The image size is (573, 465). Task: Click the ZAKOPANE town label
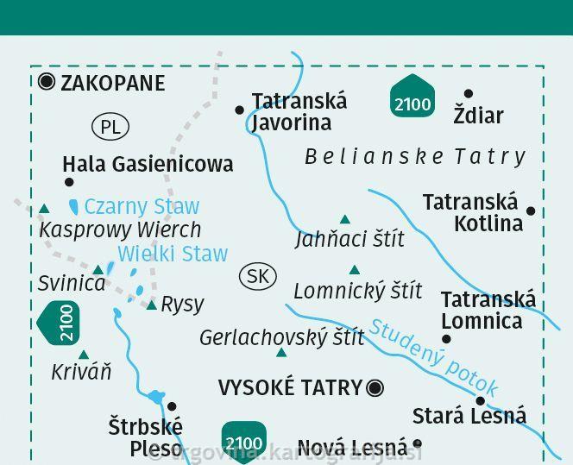[112, 83]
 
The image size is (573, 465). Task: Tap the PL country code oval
[110, 128]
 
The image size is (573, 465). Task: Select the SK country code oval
[257, 276]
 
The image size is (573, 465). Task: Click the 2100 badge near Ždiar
[412, 97]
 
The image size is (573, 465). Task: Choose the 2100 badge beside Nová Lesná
[243, 442]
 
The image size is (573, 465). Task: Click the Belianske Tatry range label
[415, 156]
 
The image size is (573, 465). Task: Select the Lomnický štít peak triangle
[354, 270]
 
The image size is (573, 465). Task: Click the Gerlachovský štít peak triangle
[281, 353]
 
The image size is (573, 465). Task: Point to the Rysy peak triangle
[152, 305]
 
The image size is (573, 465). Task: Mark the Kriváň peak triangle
[84, 355]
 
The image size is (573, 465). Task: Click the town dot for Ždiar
[469, 94]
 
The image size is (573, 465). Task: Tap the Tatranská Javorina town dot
[240, 110]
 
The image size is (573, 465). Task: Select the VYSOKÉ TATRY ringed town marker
[375, 388]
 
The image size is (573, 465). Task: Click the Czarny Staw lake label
[142, 206]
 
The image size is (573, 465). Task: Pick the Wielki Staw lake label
[173, 254]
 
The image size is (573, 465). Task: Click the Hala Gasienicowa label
[148, 163]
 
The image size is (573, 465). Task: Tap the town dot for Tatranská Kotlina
[531, 211]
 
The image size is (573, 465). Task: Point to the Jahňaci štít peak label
[349, 239]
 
